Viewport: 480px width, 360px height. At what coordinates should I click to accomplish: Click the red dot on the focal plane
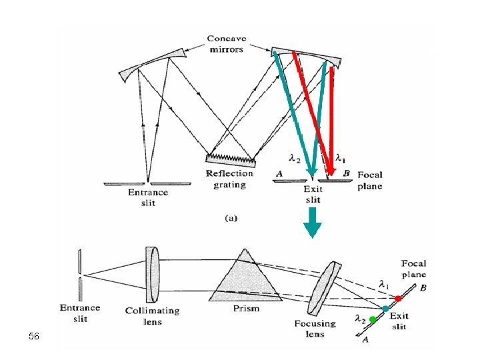click(x=398, y=298)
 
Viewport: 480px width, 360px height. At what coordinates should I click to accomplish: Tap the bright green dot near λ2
click(x=373, y=320)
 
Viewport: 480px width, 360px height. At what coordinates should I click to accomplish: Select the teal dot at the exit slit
click(x=385, y=309)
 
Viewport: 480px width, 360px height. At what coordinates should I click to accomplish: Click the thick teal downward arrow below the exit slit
click(x=312, y=221)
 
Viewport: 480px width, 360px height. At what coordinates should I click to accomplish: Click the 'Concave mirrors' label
click(x=226, y=44)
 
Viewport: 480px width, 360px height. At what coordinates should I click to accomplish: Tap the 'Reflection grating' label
click(x=229, y=179)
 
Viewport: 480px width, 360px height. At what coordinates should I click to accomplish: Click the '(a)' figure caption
click(x=228, y=217)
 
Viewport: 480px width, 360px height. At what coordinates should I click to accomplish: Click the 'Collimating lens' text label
click(x=153, y=316)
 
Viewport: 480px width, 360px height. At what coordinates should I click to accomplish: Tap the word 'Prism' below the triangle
click(x=246, y=309)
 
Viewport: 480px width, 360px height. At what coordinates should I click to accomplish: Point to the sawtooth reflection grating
click(x=231, y=158)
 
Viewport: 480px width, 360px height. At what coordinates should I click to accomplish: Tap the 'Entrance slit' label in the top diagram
click(x=148, y=197)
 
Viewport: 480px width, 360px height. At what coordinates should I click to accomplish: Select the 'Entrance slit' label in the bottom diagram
click(x=80, y=313)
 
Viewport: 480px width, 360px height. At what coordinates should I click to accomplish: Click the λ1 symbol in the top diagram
click(x=340, y=158)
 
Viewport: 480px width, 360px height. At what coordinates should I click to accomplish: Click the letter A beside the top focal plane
click(x=280, y=173)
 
